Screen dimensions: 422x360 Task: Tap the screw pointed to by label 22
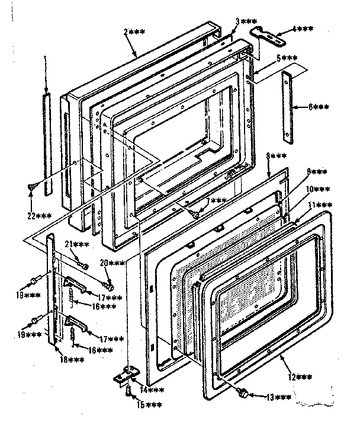[x=30, y=186]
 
